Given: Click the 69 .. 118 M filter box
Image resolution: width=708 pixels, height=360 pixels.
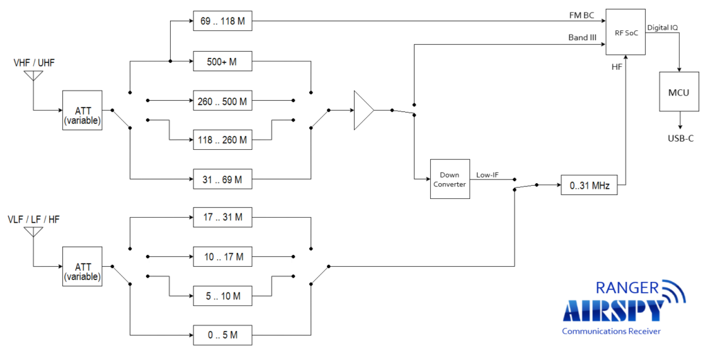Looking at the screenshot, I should click(222, 22).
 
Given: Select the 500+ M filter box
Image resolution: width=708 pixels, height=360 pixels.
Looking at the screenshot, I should click(222, 62).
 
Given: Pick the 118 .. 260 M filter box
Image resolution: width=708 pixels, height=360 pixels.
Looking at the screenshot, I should click(222, 140).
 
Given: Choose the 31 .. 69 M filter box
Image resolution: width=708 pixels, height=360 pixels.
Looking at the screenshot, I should click(222, 179).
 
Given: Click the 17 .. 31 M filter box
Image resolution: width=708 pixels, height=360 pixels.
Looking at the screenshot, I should click(222, 218).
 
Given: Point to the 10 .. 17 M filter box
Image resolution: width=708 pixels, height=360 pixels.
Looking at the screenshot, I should click(222, 257).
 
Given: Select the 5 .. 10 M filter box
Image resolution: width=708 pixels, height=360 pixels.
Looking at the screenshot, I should click(222, 296).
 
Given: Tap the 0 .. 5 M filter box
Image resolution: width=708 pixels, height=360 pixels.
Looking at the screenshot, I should click(222, 335).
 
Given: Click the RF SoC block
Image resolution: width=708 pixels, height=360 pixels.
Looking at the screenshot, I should click(625, 32).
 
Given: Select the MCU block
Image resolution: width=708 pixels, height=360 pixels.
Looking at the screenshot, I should click(678, 93).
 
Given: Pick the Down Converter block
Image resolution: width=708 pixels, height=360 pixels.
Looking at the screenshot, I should click(449, 180).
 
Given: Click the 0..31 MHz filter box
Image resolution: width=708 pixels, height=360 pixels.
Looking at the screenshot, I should click(589, 186).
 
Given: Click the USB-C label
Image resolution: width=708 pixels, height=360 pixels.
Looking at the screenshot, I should click(679, 138).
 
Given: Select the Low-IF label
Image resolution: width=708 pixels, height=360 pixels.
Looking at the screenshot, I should click(488, 175).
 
